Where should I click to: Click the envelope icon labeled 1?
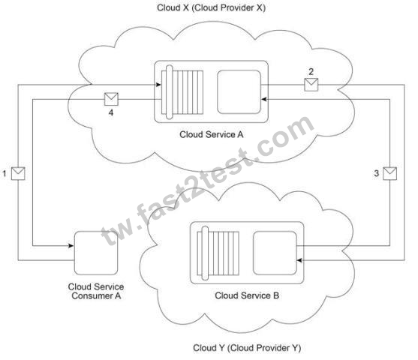point(18,173)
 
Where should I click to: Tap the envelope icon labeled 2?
point(311,85)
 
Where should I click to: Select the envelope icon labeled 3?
point(389,173)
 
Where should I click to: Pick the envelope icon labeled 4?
point(111,99)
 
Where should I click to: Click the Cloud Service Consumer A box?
point(96,253)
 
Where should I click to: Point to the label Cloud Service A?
point(212,134)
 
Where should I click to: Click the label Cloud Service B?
point(247,295)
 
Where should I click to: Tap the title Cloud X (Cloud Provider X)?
point(211,7)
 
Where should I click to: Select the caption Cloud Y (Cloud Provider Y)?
point(247,348)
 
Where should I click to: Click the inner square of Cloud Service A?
point(239,92)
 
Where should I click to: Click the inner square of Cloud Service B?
point(275,253)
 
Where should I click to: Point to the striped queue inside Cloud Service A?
point(182,92)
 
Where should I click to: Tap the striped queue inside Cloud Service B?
point(218,253)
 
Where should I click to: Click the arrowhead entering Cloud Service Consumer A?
point(71,246)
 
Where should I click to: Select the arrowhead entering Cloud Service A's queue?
point(158,85)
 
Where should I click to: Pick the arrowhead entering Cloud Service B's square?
point(299,260)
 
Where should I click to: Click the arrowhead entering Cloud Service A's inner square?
point(263,100)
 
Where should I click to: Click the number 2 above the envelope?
point(311,72)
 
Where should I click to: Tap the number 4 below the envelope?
point(111,113)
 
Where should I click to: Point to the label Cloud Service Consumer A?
point(96,291)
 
